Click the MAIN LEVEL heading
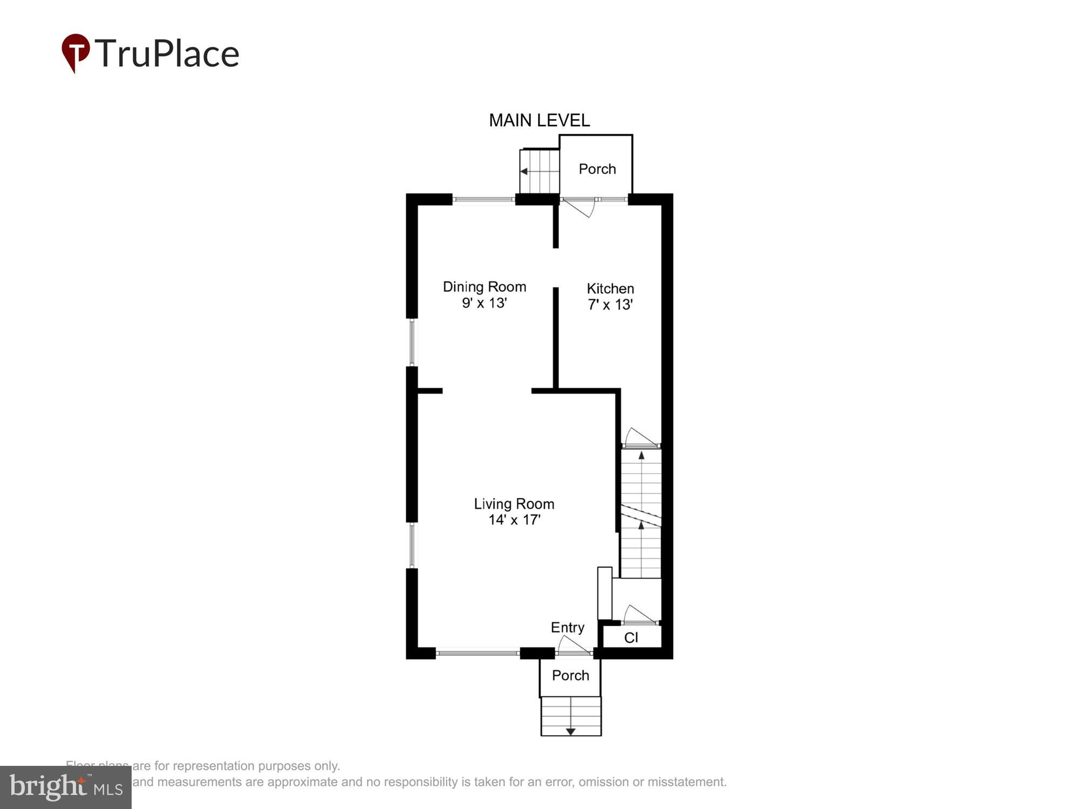[539, 120]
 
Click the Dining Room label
[484, 287]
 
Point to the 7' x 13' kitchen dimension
[610, 305]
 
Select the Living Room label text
[514, 504]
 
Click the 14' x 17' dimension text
[514, 520]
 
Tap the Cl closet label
[631, 638]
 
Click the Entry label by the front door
[567, 627]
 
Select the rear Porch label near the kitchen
[597, 169]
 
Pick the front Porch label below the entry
[570, 676]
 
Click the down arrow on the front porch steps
[570, 731]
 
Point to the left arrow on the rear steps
[524, 172]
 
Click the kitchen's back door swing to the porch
[579, 207]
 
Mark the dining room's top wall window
[483, 200]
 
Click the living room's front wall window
[477, 653]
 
